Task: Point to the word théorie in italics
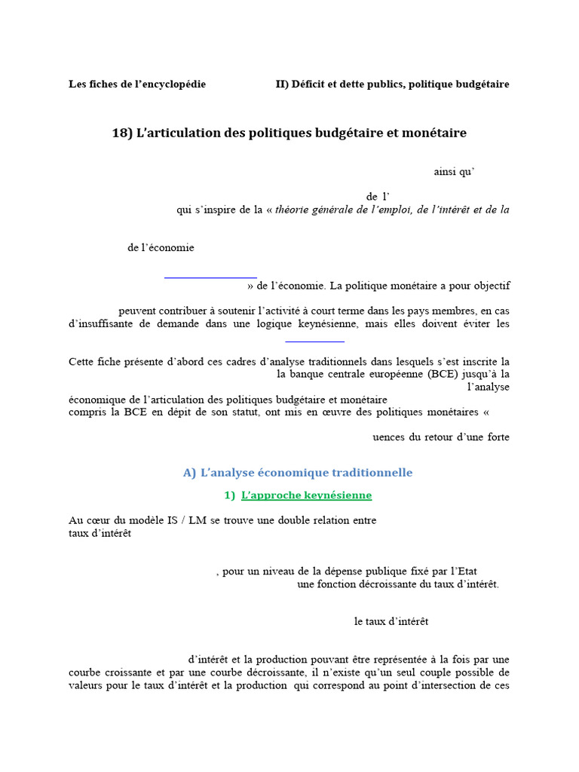coord(293,210)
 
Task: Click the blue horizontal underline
coord(211,277)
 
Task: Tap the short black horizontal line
coord(316,342)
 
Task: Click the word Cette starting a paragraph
coord(82,361)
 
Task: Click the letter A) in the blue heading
coord(189,473)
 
